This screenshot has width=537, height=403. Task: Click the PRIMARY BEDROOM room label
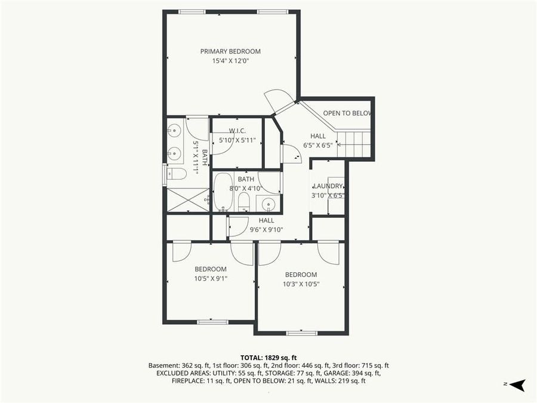click(230, 51)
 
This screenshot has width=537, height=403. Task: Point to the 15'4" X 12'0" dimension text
click(230, 61)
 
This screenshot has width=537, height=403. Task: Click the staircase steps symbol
click(354, 144)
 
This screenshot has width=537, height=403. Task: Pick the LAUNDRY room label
click(328, 186)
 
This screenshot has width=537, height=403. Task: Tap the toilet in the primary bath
click(177, 174)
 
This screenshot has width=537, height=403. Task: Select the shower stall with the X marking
click(187, 200)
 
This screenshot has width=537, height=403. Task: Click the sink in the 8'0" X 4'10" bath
click(268, 204)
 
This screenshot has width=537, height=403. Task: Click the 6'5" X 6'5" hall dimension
click(317, 145)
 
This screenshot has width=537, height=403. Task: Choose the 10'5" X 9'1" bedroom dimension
click(210, 278)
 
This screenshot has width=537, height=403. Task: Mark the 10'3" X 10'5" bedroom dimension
click(301, 284)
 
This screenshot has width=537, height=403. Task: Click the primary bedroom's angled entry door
click(279, 100)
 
